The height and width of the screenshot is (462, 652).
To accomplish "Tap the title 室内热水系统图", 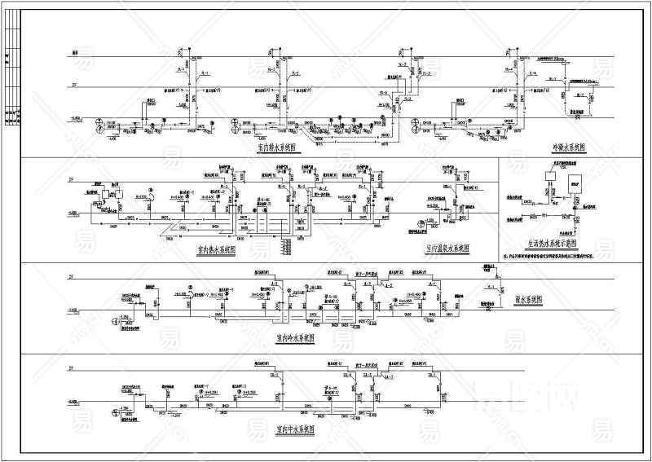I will [216, 250].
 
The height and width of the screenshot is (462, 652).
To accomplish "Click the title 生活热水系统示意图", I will [552, 243].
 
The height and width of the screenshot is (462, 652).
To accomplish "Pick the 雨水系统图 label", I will [531, 300].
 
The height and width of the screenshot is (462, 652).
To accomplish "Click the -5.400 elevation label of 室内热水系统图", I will [73, 211].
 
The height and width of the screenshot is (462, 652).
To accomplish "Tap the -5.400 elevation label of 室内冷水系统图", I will [73, 310].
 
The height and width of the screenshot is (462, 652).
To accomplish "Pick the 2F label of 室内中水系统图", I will [71, 369].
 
